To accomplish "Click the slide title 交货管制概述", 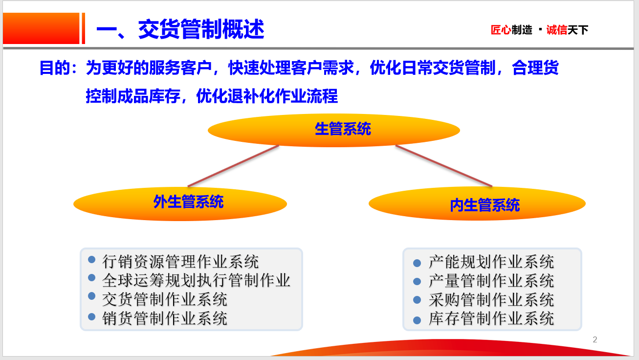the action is (201, 29).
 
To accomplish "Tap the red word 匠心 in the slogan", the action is (501, 30).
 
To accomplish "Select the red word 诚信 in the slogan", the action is (556, 30).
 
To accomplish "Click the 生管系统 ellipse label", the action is (343, 129).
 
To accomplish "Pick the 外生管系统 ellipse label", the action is (188, 202).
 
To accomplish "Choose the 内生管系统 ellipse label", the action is (485, 205).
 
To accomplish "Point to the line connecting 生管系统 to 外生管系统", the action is (233, 166).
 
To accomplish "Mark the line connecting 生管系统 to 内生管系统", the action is (444, 166).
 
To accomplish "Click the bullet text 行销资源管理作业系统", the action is (180, 262).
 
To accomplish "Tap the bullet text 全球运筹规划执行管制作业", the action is (196, 280).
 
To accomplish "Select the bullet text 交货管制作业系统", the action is (165, 299).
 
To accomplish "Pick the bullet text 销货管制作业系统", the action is (165, 318).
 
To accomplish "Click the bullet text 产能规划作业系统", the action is (491, 262).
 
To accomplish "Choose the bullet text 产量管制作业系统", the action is (491, 281).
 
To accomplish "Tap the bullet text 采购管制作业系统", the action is (491, 300).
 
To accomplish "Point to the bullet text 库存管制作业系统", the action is (491, 318).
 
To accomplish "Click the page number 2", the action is (595, 339).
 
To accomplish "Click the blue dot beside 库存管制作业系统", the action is (417, 320).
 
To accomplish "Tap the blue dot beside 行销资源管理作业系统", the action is (91, 260).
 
